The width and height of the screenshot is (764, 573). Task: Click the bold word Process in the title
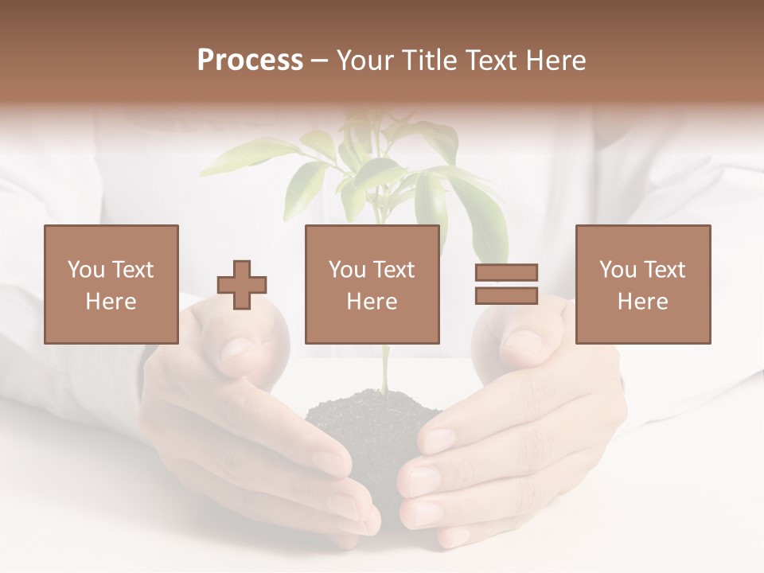pos(250,60)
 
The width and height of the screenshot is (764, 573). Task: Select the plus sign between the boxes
pos(242,285)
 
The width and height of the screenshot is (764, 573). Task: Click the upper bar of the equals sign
pos(506,273)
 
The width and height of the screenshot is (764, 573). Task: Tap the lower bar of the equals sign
pos(506,295)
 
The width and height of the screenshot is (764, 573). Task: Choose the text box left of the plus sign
pos(111,284)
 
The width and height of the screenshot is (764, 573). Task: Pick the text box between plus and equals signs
pos(372,284)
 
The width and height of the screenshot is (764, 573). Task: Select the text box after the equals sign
pos(643,284)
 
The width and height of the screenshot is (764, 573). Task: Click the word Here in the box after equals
pos(643,302)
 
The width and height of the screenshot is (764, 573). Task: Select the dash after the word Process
pos(320,60)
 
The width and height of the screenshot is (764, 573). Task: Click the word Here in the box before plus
pos(111,302)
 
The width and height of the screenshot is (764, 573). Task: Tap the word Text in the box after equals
pos(664,270)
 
